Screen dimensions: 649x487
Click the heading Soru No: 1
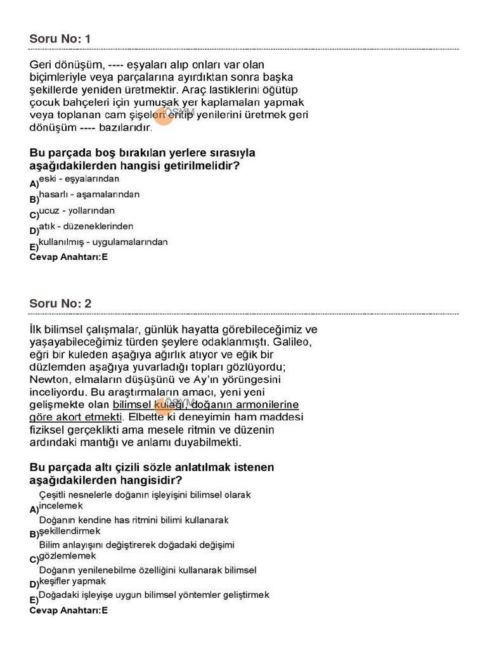[x=60, y=39]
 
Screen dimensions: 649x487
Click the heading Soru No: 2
[x=60, y=304]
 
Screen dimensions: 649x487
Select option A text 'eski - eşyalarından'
[x=79, y=179]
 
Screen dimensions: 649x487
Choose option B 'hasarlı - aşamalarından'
[x=89, y=195]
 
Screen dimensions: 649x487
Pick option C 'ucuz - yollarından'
[x=77, y=210]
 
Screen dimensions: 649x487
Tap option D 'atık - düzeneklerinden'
[x=86, y=226]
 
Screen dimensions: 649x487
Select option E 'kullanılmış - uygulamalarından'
[x=103, y=242]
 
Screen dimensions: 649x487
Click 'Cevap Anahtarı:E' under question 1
[x=68, y=257]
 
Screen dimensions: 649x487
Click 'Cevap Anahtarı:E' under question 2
[x=68, y=611]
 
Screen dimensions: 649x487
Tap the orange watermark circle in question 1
[x=164, y=117]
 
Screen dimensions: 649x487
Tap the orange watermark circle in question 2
[x=164, y=406]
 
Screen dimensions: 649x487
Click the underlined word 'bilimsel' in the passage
[x=131, y=404]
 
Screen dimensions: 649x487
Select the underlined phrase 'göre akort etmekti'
[x=75, y=417]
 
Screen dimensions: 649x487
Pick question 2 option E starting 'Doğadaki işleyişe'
[x=154, y=595]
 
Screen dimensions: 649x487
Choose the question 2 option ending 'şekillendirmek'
[x=70, y=530]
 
